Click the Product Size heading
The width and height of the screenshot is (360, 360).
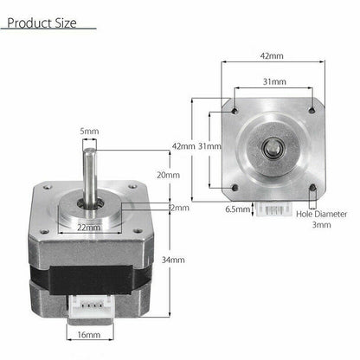[x=44, y=21]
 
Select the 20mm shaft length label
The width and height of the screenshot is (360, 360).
[x=170, y=174]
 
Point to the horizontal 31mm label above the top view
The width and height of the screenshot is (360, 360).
[x=273, y=81]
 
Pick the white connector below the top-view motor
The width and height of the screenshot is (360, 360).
[x=273, y=208]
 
